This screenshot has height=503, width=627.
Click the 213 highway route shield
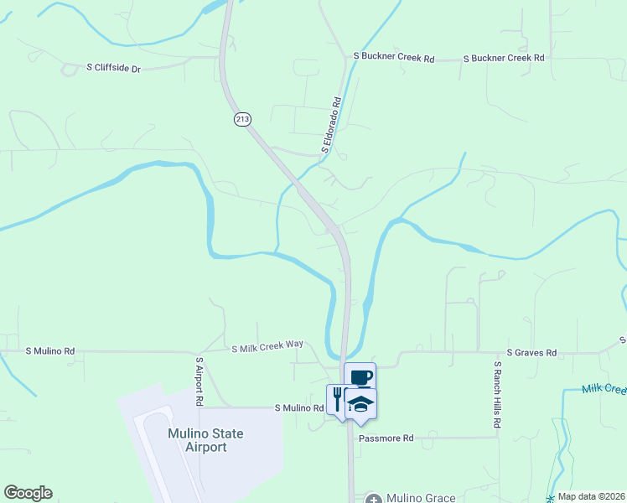[242, 119]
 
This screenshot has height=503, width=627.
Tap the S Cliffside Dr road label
[113, 67]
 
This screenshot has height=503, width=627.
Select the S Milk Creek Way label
[267, 345]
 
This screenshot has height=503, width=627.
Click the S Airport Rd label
[199, 381]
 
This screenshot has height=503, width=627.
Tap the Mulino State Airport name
[205, 440]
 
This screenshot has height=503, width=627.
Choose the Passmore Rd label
[386, 438]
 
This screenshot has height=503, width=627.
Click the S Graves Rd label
[531, 354]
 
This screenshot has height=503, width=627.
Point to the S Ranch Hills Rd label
[497, 394]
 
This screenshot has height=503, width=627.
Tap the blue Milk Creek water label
[604, 389]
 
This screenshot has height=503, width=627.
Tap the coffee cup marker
[360, 377]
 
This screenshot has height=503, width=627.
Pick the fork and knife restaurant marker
[337, 397]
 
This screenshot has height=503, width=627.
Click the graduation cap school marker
[360, 403]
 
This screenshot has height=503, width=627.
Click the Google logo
[28, 493]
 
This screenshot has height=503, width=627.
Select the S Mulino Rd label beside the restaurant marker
[299, 408]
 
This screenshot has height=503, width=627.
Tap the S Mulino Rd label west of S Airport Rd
[50, 350]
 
